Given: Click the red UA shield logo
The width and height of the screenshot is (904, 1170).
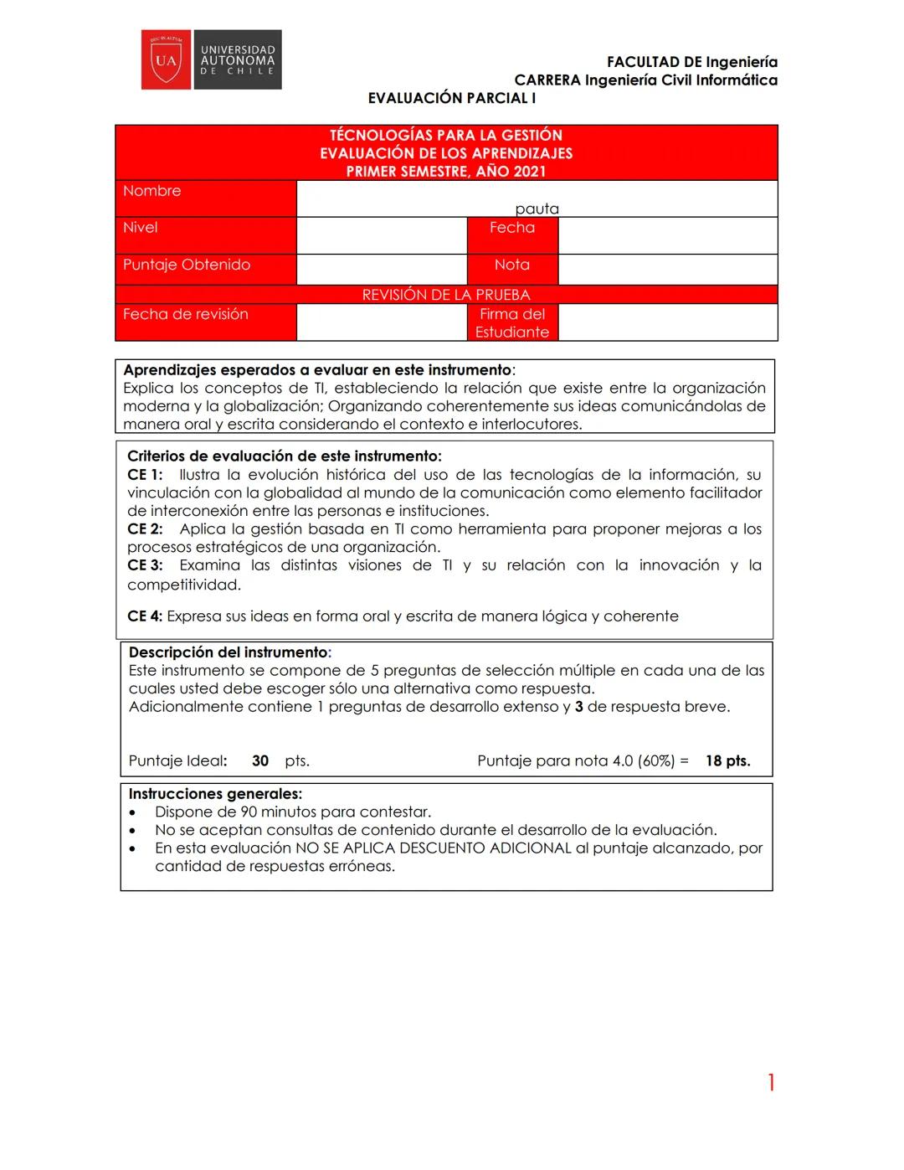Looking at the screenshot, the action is (x=167, y=59).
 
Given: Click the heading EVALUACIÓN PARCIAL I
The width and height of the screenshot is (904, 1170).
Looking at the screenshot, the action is (x=452, y=98).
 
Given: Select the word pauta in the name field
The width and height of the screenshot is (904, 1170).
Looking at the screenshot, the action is (x=537, y=209).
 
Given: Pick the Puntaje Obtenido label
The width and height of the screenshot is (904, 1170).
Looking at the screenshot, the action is (x=187, y=265).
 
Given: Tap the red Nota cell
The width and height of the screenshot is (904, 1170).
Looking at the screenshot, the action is (x=512, y=265).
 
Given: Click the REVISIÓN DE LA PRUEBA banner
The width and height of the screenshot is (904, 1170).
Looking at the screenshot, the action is (x=446, y=295).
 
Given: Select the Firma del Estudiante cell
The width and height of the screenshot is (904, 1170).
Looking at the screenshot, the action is (x=512, y=322).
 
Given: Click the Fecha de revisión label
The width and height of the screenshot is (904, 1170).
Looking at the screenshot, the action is (x=186, y=314).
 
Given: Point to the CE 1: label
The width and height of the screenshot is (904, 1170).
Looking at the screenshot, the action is (x=145, y=475).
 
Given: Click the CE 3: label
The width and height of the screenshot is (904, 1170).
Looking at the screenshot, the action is (x=145, y=565).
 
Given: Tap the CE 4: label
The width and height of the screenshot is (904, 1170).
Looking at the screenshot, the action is (x=145, y=616).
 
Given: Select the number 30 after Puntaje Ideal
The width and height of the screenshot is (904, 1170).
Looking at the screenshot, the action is (x=260, y=761).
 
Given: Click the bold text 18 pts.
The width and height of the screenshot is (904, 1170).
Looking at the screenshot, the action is (x=727, y=761).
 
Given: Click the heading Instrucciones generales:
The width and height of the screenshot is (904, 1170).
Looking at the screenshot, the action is (x=215, y=794).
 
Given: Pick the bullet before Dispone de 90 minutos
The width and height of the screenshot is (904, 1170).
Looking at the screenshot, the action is (x=132, y=813).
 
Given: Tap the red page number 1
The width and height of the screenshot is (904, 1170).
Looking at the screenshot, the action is (x=771, y=1083).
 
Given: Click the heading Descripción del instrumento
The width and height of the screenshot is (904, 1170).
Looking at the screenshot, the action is (x=229, y=652).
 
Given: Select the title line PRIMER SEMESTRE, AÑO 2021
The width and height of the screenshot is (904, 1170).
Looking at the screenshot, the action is (x=446, y=172).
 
